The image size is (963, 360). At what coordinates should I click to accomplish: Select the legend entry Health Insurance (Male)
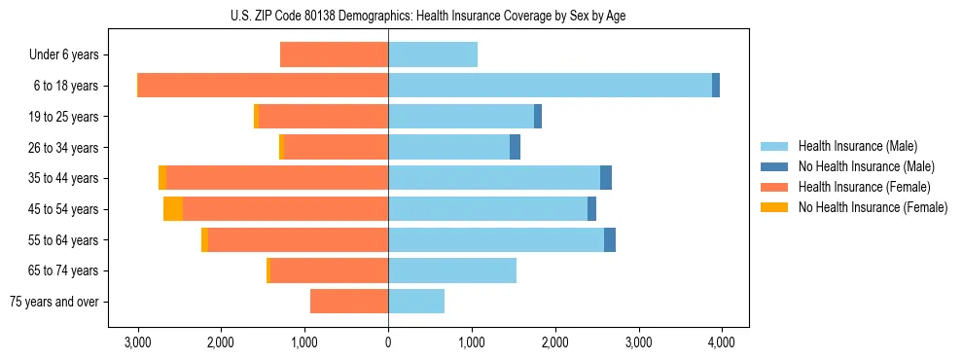coord(857,146)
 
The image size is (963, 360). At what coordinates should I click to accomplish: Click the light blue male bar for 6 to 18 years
coord(550,86)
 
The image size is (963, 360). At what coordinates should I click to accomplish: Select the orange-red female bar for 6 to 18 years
coord(263,86)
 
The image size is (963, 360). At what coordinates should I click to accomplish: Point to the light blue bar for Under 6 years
coord(433,54)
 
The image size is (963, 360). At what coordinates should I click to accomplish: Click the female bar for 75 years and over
coord(349,302)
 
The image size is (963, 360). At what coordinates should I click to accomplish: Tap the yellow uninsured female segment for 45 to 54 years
coord(173,209)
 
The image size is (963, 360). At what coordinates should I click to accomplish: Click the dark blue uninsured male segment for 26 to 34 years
coord(515,147)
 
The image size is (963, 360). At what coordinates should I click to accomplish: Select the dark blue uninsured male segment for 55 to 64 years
coord(610,240)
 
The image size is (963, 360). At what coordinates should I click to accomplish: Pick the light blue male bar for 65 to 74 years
coord(452,270)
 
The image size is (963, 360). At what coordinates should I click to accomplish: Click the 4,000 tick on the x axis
coord(722,342)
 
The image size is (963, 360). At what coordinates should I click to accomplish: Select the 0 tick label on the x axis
coord(388,342)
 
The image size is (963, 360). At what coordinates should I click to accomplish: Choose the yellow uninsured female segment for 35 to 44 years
coord(162,178)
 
